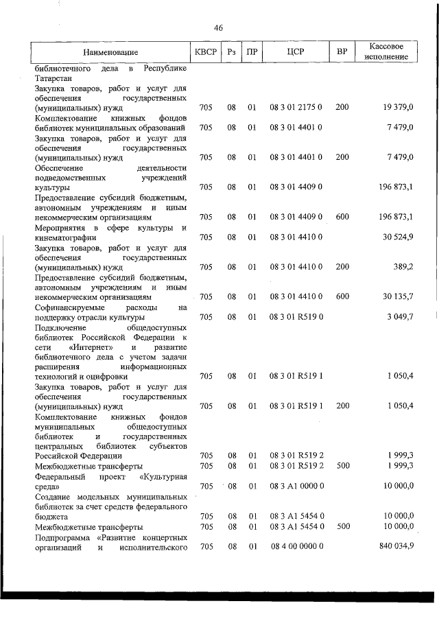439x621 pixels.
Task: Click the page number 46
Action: tap(219, 28)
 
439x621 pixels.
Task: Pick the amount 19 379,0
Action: tap(398, 108)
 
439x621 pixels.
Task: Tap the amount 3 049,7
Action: tap(399, 316)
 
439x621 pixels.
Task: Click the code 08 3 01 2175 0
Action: tap(296, 108)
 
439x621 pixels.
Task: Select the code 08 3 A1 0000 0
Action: tap(296, 486)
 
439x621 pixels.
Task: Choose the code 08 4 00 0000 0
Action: tap(296, 546)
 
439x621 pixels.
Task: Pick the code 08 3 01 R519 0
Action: tap(296, 316)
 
